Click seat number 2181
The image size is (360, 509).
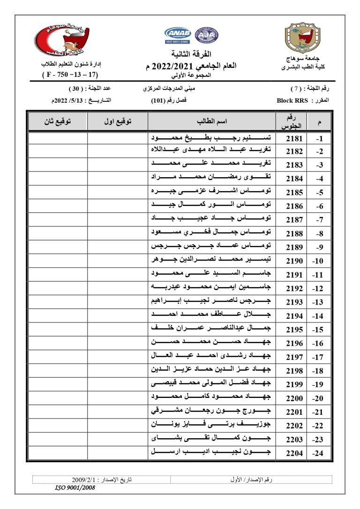[x=294, y=139]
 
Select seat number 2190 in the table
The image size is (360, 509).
[x=294, y=261]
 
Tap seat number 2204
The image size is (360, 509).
[x=294, y=453]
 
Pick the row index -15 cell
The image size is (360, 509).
[x=319, y=330]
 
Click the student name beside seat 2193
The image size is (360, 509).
[x=211, y=302]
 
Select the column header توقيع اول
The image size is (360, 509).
[x=118, y=121]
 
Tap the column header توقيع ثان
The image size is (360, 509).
[x=57, y=121]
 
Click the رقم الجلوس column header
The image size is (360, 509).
[x=294, y=121]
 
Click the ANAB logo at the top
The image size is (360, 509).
[x=177, y=35]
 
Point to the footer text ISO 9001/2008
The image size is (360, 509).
[x=75, y=488]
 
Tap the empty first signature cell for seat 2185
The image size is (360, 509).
[x=118, y=192]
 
